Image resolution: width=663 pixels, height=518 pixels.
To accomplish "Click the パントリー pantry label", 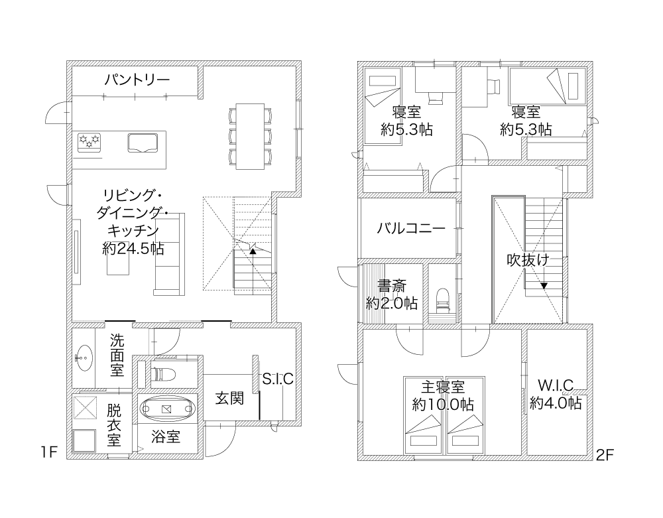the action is pos(137,79).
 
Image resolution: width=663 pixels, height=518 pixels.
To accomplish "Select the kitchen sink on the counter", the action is pos(143,143).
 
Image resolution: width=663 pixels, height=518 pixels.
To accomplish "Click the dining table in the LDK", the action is pos(250,136).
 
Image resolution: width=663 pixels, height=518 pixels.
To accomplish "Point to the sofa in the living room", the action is pos(170,254).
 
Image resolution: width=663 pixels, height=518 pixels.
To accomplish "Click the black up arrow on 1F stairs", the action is pos(253,251).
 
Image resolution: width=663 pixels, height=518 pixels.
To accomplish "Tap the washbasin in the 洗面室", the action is pos(85,358).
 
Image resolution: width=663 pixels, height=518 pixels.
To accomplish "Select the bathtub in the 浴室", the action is pos(168,409).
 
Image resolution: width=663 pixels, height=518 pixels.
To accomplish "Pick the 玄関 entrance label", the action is pos(229,398).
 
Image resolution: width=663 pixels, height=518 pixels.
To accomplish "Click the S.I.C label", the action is pos(278,379).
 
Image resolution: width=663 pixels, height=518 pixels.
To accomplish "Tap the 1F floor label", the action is pos(49,452).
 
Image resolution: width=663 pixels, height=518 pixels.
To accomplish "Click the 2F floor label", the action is pos(604,455).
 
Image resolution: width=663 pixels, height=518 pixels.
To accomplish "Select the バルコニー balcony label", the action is pos(411,228).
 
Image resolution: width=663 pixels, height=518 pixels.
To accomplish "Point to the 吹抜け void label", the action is pos(528,260).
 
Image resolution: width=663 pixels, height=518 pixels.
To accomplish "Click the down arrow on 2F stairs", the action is pos(544,285).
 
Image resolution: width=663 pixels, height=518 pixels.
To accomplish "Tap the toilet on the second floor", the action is pos(443,299).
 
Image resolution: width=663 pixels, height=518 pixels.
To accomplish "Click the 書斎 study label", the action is pos(392,286).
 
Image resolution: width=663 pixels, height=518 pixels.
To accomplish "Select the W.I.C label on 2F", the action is pos(556,385).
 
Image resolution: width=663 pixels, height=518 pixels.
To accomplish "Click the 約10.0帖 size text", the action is pos(443,405).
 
